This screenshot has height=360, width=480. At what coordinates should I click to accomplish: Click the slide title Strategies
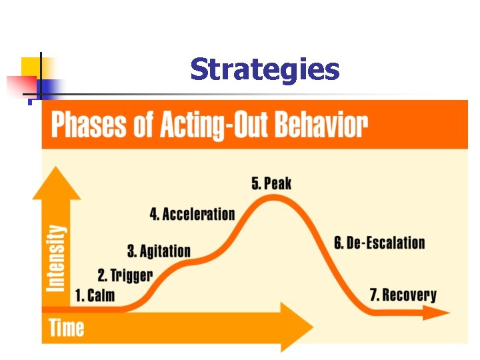click(265, 69)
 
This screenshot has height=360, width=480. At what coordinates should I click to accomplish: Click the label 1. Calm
click(95, 295)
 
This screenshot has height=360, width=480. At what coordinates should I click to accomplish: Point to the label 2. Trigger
click(125, 275)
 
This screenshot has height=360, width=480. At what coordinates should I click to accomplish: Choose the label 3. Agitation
click(159, 251)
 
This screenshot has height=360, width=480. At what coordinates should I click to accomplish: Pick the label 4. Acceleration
click(192, 214)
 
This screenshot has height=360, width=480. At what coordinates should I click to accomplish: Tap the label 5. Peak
click(271, 183)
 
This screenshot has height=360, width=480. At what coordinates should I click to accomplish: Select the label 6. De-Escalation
click(379, 242)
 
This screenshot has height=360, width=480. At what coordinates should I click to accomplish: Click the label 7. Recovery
click(403, 295)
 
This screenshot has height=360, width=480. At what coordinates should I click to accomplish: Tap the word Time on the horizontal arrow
click(67, 327)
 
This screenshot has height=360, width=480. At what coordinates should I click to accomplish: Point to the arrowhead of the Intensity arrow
click(57, 184)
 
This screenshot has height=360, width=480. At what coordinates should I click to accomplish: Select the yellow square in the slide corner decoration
click(31, 67)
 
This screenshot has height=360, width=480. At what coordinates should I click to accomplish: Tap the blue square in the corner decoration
click(49, 88)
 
